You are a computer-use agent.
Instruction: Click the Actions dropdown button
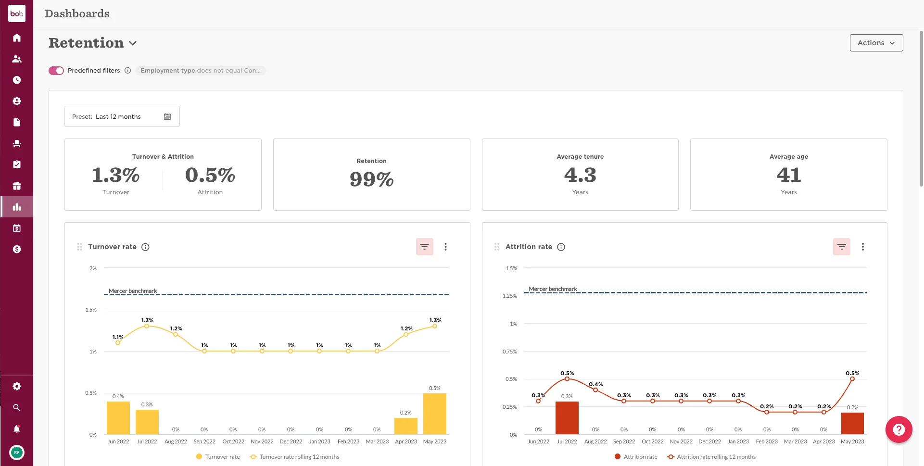pos(876,43)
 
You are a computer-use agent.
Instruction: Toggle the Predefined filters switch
pos(56,71)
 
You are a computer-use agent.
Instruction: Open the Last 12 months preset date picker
pos(122,116)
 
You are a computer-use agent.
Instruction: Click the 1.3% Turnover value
pos(115,175)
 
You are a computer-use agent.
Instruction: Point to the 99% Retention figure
pos(371,179)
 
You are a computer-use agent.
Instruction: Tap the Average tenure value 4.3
pos(580,175)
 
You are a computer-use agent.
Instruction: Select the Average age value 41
pos(788,175)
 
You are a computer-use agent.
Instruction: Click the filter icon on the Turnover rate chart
pos(424,247)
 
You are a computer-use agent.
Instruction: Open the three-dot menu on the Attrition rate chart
pos(862,247)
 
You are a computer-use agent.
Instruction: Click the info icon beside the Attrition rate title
pos(561,247)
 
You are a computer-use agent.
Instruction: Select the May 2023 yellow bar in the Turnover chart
pos(434,414)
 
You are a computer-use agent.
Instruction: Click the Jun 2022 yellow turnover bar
pos(118,417)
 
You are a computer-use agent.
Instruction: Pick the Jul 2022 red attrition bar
pos(567,417)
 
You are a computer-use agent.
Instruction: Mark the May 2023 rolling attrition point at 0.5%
pos(852,379)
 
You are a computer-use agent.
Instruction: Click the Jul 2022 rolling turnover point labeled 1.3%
pos(147,326)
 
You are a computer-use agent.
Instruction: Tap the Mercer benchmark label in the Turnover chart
pos(132,291)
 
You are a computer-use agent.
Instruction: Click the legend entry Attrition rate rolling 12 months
pos(716,457)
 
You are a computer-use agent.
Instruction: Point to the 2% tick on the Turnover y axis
pos(93,268)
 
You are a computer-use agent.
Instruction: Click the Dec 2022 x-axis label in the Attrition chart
pos(709,441)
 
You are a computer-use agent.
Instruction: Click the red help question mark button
pos(899,429)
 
